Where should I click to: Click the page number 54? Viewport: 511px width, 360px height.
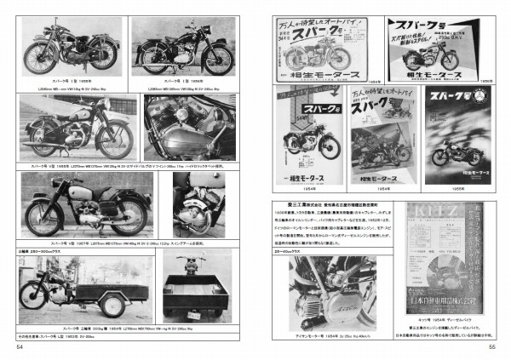coord(20,346)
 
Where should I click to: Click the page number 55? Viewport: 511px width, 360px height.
coord(491,346)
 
